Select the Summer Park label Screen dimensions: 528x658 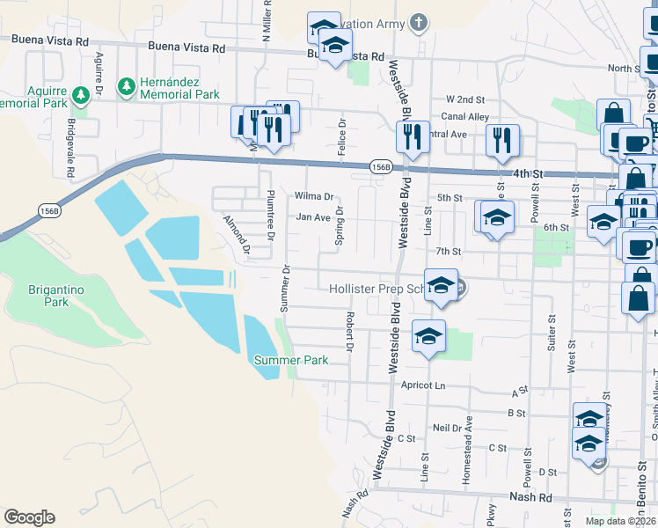point(290,360)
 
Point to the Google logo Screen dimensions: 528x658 point(29,517)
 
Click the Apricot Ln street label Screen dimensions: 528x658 point(423,385)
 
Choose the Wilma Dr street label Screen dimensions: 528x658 point(314,196)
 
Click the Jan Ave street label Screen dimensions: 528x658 point(312,217)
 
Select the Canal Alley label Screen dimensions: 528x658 point(465,116)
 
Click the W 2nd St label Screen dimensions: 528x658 point(465,99)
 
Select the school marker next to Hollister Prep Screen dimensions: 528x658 point(441,285)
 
